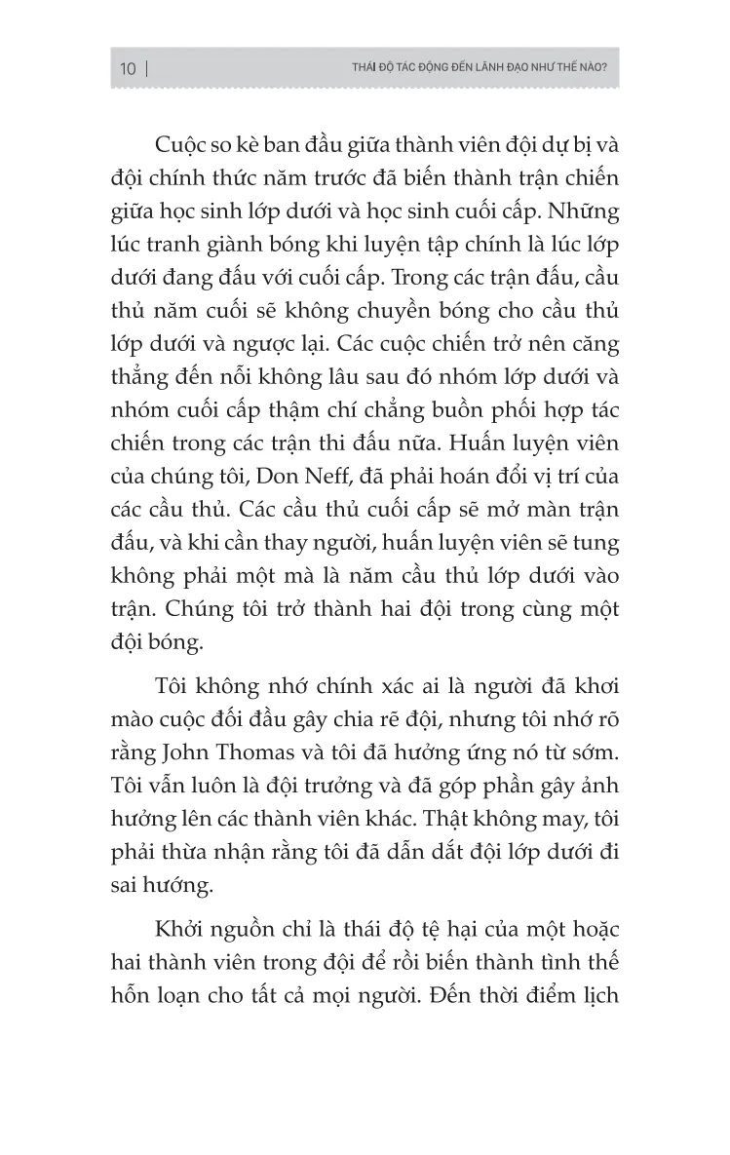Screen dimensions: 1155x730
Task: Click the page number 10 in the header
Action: [128, 69]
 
